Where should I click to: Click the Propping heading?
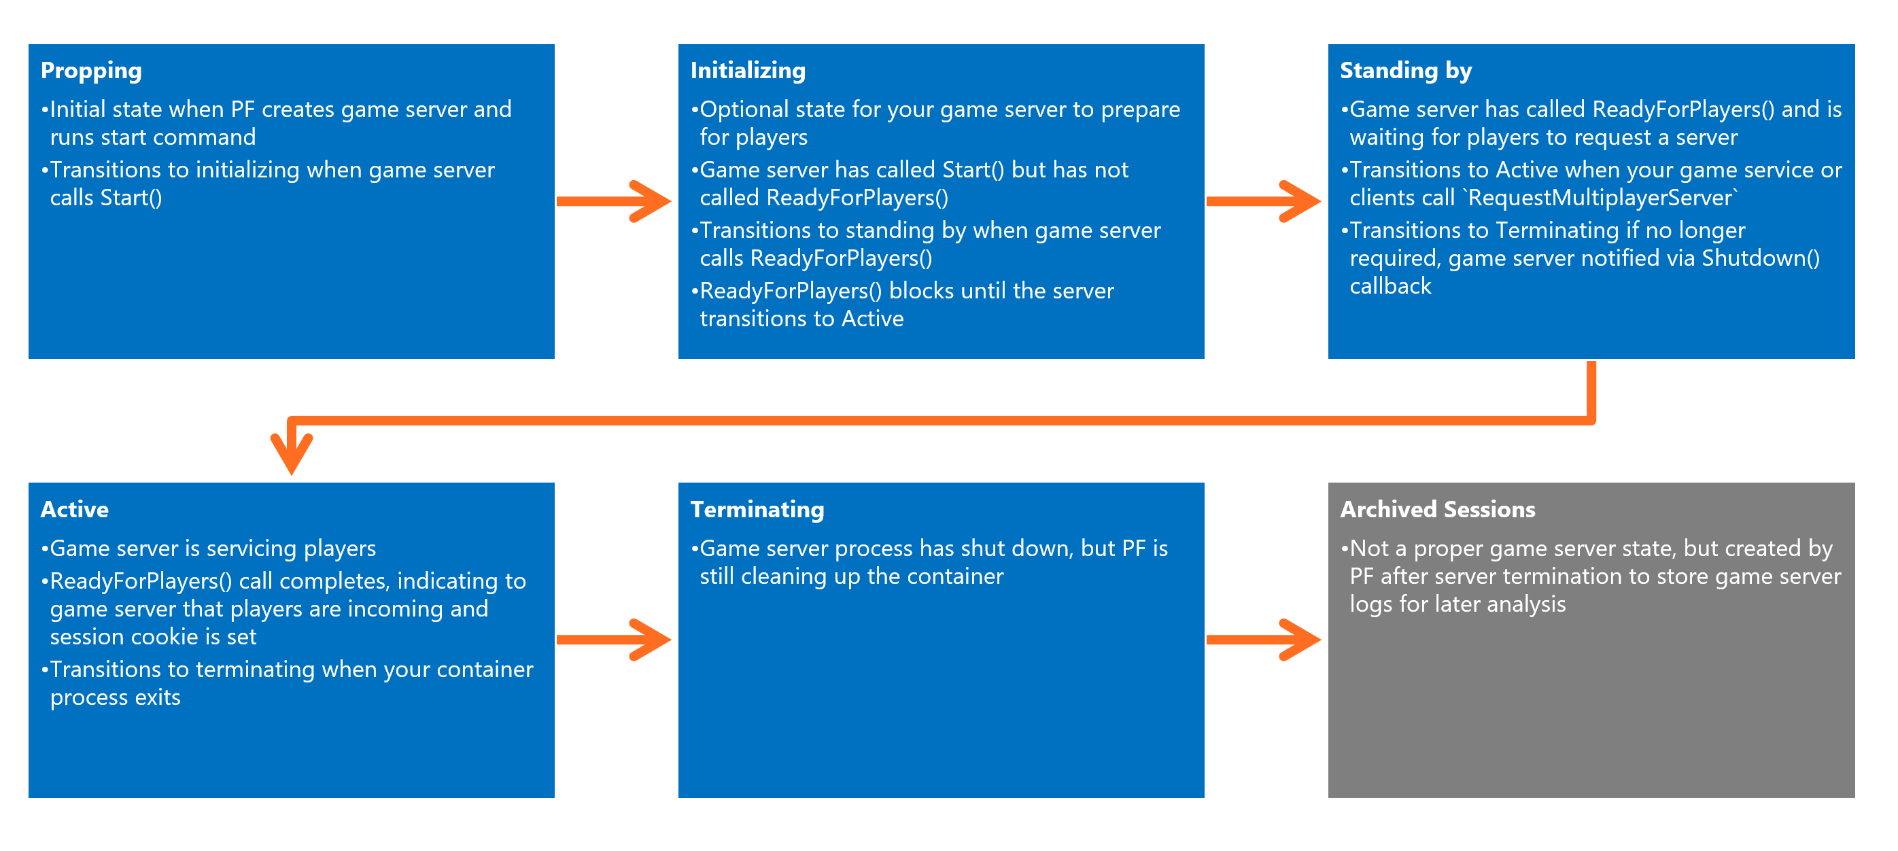[x=90, y=71]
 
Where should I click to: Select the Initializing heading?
[x=747, y=71]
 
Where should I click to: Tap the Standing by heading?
[x=1405, y=71]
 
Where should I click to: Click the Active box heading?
[x=74, y=509]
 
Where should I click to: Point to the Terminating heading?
[x=757, y=509]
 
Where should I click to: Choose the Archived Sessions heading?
[x=1437, y=509]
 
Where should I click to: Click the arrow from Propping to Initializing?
[x=613, y=201]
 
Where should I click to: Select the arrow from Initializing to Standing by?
[x=1263, y=201]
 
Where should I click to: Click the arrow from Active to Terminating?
[x=613, y=640]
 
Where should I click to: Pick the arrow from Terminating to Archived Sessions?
[x=1263, y=640]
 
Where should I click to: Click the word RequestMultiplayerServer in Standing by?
[x=1600, y=198]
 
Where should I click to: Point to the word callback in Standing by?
[x=1390, y=286]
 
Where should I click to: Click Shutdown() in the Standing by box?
[x=1760, y=258]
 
